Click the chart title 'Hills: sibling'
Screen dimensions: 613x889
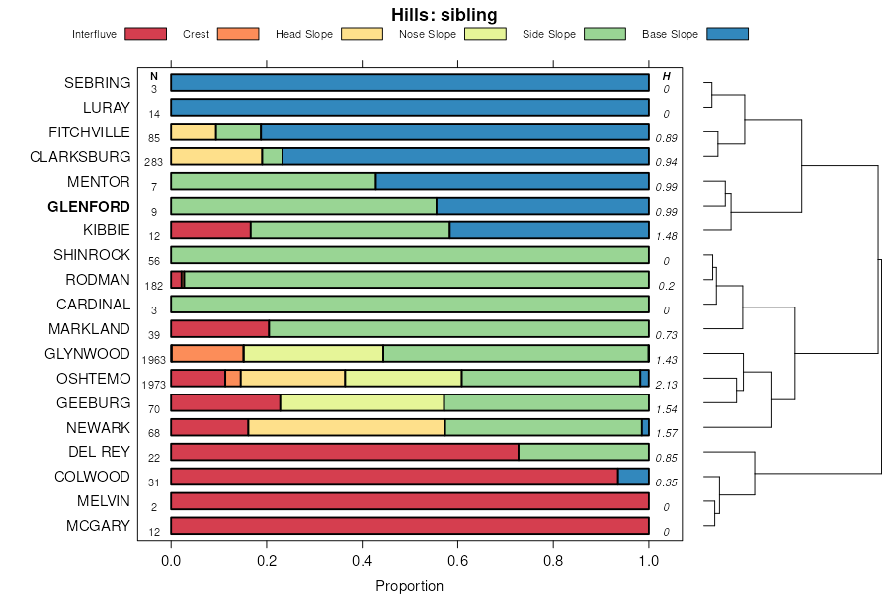(x=444, y=14)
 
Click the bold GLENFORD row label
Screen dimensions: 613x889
(x=89, y=207)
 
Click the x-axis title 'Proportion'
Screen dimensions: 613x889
(x=409, y=586)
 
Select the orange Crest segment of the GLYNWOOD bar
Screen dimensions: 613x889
(x=208, y=353)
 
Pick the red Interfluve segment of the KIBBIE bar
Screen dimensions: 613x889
(x=210, y=230)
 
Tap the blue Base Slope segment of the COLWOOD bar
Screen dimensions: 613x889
(x=633, y=477)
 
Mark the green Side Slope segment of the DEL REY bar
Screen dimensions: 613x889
(x=584, y=452)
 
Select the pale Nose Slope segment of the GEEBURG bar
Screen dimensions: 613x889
(x=362, y=402)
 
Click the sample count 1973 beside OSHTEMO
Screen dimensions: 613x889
(x=154, y=385)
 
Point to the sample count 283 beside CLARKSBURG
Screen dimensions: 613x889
(x=154, y=163)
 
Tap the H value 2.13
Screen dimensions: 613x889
(x=666, y=385)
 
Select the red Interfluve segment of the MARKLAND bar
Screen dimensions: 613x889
(x=219, y=328)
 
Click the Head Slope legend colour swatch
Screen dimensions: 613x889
(x=362, y=34)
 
